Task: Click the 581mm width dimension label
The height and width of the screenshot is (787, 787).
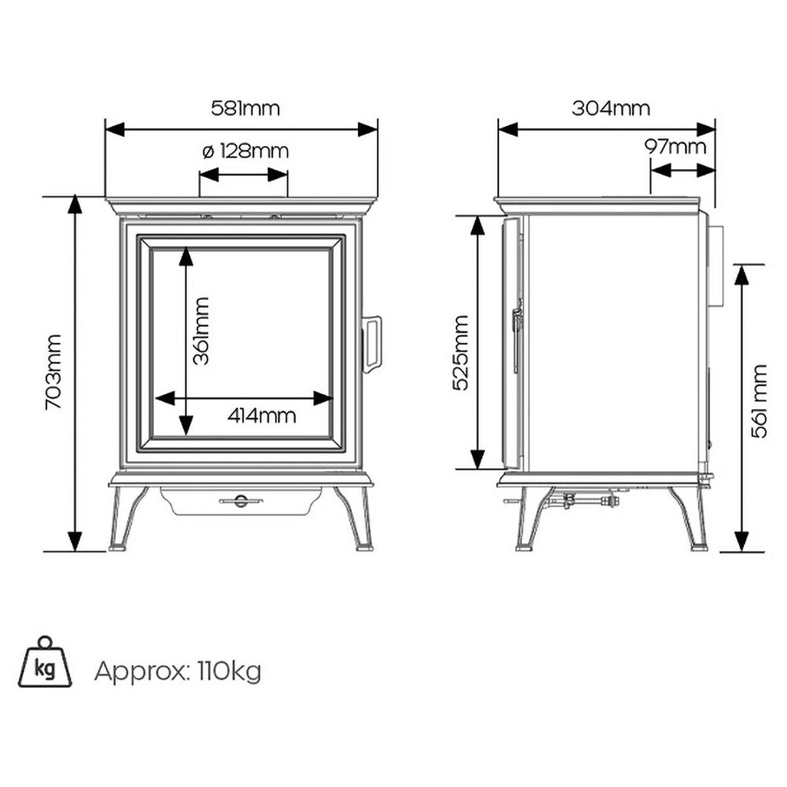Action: pos(245,108)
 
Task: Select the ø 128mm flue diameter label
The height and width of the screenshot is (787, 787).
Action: pos(245,151)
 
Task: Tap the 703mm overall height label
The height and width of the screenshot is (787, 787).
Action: pos(53,373)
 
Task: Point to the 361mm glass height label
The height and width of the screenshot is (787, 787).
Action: pos(201,331)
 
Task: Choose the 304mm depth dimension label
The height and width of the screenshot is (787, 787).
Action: pos(611,108)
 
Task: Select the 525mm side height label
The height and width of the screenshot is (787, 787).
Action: pos(461,353)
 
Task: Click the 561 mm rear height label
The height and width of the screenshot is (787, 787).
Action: pos(761,401)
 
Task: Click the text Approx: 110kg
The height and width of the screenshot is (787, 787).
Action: pos(178,671)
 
